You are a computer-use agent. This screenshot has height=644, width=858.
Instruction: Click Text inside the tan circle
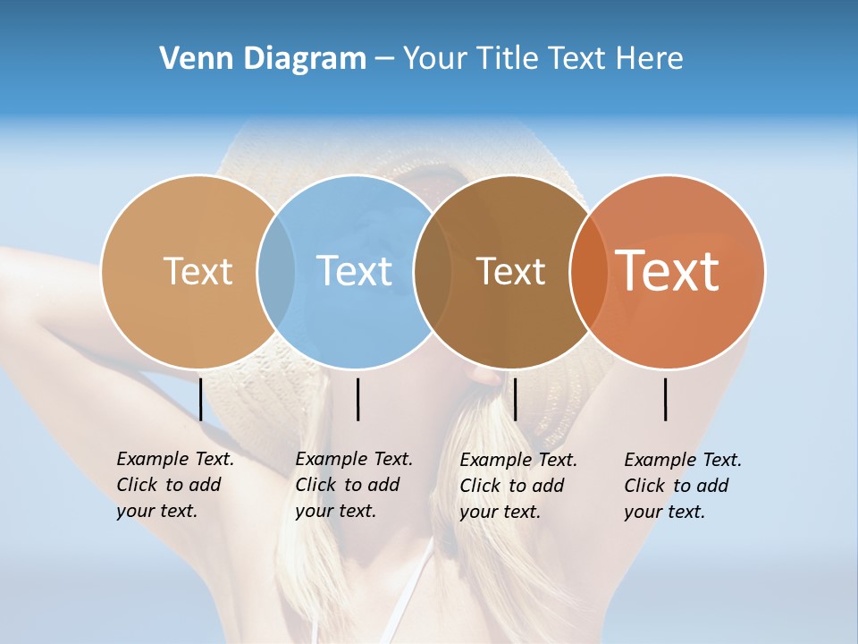click(198, 271)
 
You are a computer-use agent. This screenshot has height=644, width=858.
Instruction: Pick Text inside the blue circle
click(354, 271)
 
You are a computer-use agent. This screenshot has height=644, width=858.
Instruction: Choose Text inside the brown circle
click(510, 271)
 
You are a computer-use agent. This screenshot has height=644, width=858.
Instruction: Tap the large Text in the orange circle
click(667, 270)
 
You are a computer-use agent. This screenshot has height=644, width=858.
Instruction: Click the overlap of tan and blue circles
click(276, 272)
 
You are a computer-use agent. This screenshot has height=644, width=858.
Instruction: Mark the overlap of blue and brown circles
click(433, 272)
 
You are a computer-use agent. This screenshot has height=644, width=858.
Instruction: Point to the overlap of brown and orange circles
click(588, 272)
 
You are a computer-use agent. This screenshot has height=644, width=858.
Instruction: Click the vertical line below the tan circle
click(200, 399)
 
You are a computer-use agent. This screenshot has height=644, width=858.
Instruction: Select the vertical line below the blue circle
click(357, 399)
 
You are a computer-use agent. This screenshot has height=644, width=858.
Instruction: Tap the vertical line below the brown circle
click(515, 399)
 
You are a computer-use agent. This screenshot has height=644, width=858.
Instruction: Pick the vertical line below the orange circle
click(665, 399)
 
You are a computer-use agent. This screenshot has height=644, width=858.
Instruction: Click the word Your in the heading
click(434, 58)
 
